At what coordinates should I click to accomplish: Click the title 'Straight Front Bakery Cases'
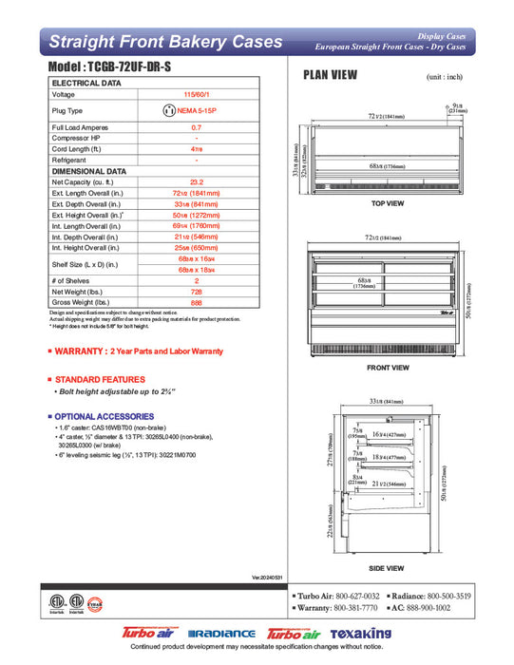pyautogui.click(x=165, y=42)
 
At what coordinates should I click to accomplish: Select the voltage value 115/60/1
pyautogui.click(x=197, y=95)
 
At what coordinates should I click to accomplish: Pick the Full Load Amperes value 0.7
pyautogui.click(x=197, y=126)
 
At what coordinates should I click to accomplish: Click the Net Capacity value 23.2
pyautogui.click(x=197, y=180)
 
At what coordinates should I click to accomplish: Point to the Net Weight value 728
pyautogui.click(x=197, y=294)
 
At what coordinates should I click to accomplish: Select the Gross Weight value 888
pyautogui.click(x=197, y=304)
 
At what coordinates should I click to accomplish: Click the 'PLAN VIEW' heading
pyautogui.click(x=329, y=75)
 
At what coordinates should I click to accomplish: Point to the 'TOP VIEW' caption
pyautogui.click(x=387, y=204)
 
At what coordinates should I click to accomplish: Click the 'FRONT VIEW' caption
pyautogui.click(x=387, y=367)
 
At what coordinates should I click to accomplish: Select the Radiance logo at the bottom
pyautogui.click(x=221, y=634)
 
